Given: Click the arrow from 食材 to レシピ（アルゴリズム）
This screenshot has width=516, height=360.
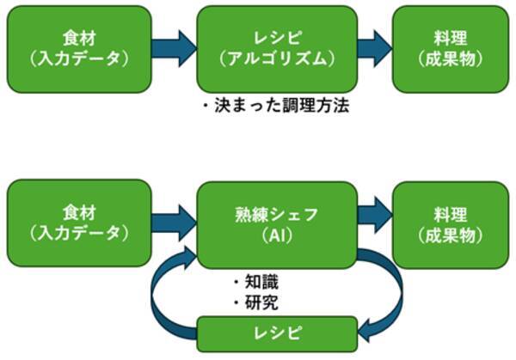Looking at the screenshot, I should [x=175, y=49].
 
